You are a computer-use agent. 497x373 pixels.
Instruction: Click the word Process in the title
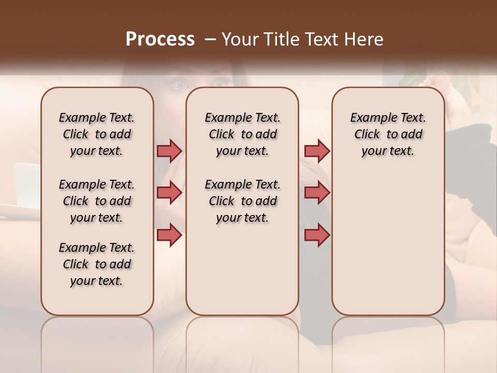click(x=160, y=39)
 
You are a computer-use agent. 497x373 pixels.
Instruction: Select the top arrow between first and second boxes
click(x=169, y=151)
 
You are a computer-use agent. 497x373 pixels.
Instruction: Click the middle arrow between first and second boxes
click(x=169, y=193)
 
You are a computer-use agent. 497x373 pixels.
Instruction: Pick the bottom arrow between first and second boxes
click(x=169, y=235)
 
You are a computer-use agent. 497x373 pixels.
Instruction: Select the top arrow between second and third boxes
click(x=317, y=151)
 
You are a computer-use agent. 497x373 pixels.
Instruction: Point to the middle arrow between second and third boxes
click(x=317, y=193)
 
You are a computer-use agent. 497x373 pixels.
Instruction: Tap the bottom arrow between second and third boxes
click(x=317, y=235)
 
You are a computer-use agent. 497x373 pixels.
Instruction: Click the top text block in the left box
click(x=97, y=134)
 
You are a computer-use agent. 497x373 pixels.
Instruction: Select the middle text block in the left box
click(x=97, y=201)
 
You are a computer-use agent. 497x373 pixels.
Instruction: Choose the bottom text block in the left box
click(x=97, y=264)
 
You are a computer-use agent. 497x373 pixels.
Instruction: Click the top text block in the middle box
click(x=242, y=134)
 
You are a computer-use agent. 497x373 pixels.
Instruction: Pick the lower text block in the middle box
click(x=242, y=201)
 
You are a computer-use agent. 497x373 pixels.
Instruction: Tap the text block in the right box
click(x=388, y=134)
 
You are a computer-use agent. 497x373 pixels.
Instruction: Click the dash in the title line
click(x=210, y=39)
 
